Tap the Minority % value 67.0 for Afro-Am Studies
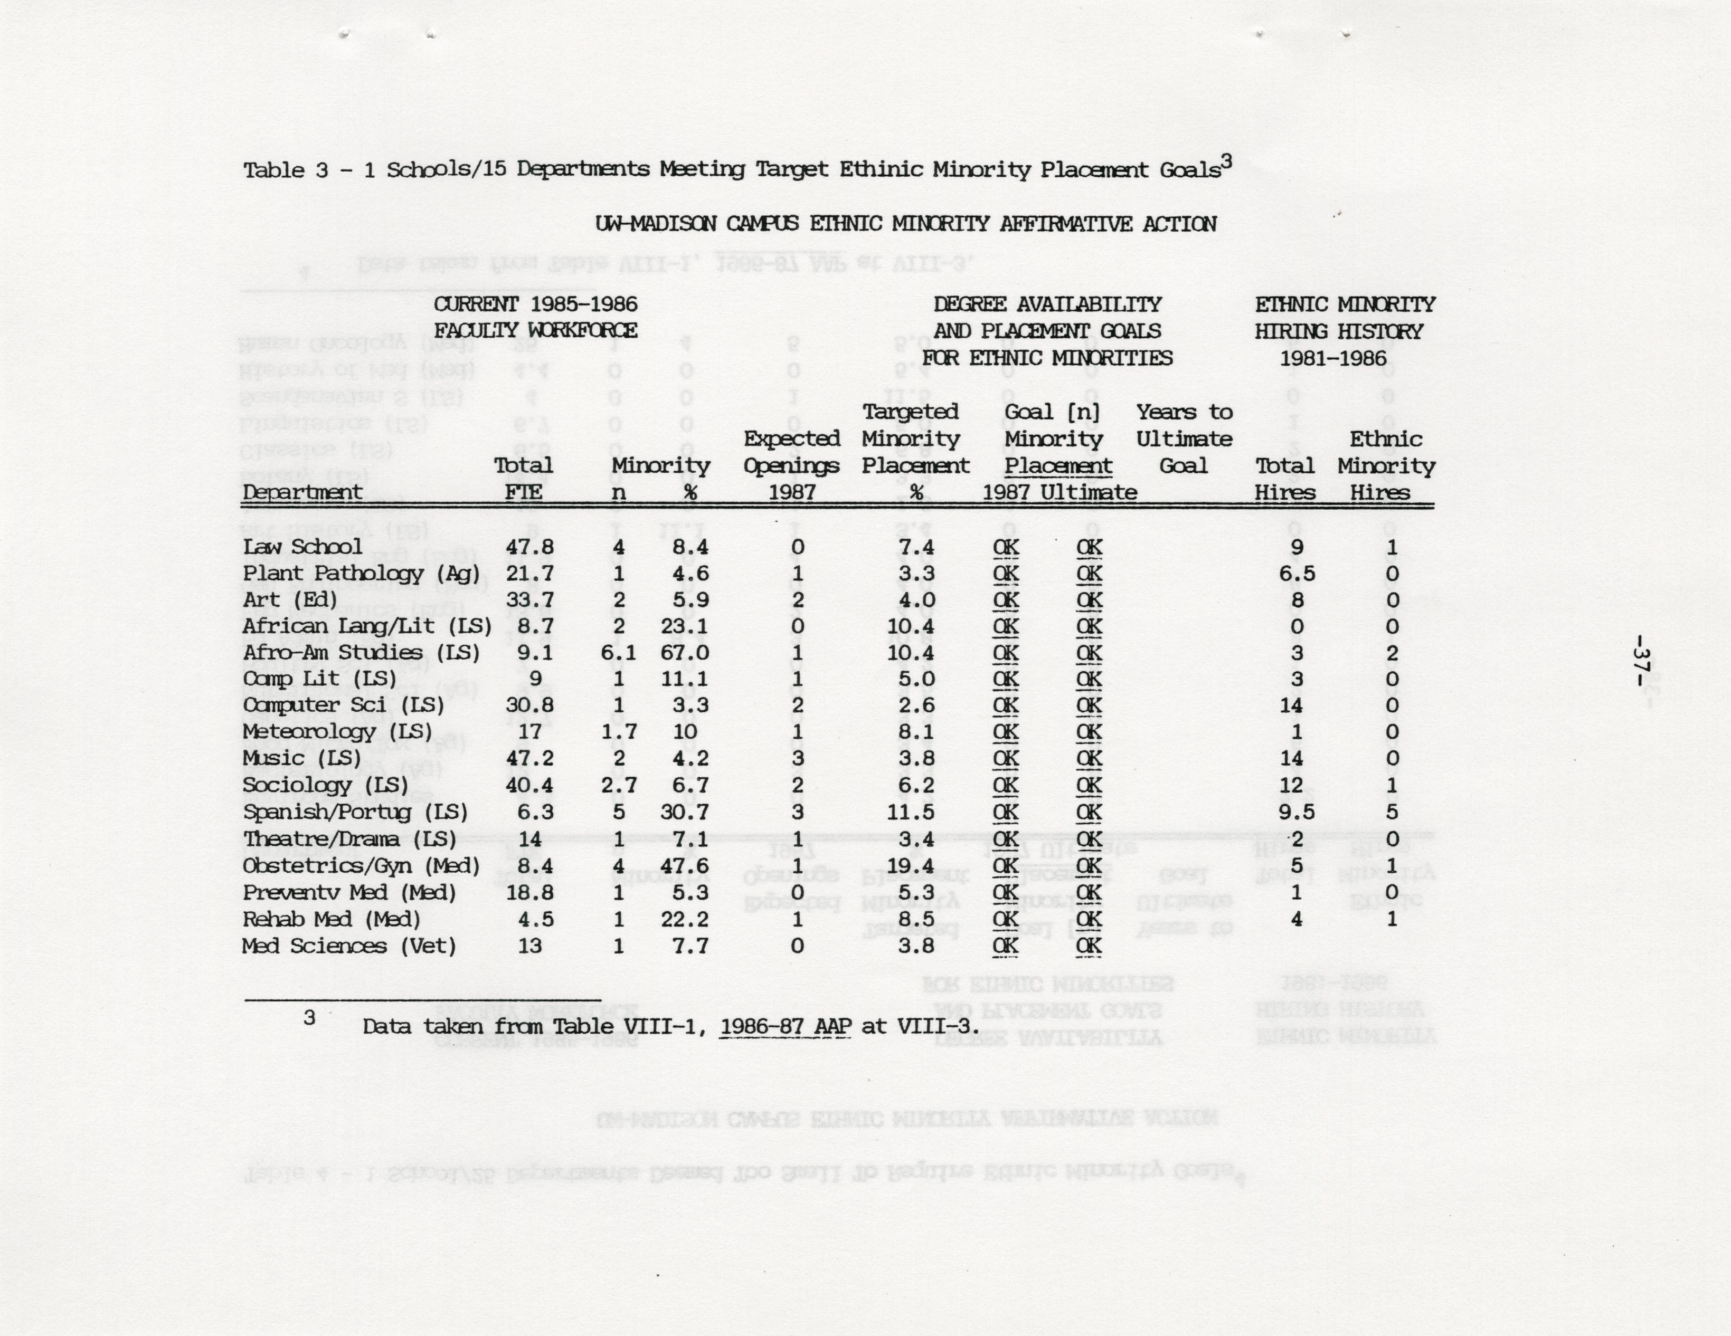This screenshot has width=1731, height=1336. tap(685, 653)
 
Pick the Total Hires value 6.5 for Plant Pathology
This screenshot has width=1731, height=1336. tap(1296, 574)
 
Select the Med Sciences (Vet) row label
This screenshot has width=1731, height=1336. tap(349, 946)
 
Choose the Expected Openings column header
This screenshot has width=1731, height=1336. tap(791, 465)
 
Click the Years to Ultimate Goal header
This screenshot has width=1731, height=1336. tap(1184, 439)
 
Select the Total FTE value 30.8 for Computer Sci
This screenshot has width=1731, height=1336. tap(529, 705)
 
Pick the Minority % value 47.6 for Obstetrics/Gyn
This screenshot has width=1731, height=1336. tap(685, 866)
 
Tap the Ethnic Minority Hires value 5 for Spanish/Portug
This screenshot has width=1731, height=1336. tap(1392, 812)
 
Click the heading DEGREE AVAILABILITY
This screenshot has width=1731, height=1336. tap(1046, 304)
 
